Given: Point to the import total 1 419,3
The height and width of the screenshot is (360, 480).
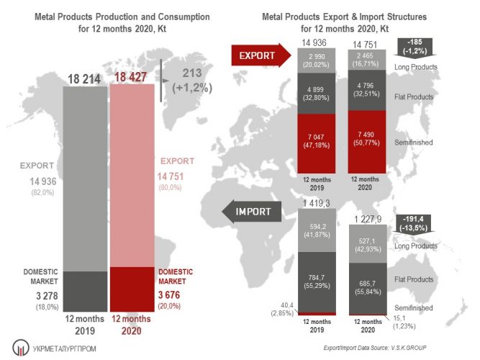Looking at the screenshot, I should point(317,204).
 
